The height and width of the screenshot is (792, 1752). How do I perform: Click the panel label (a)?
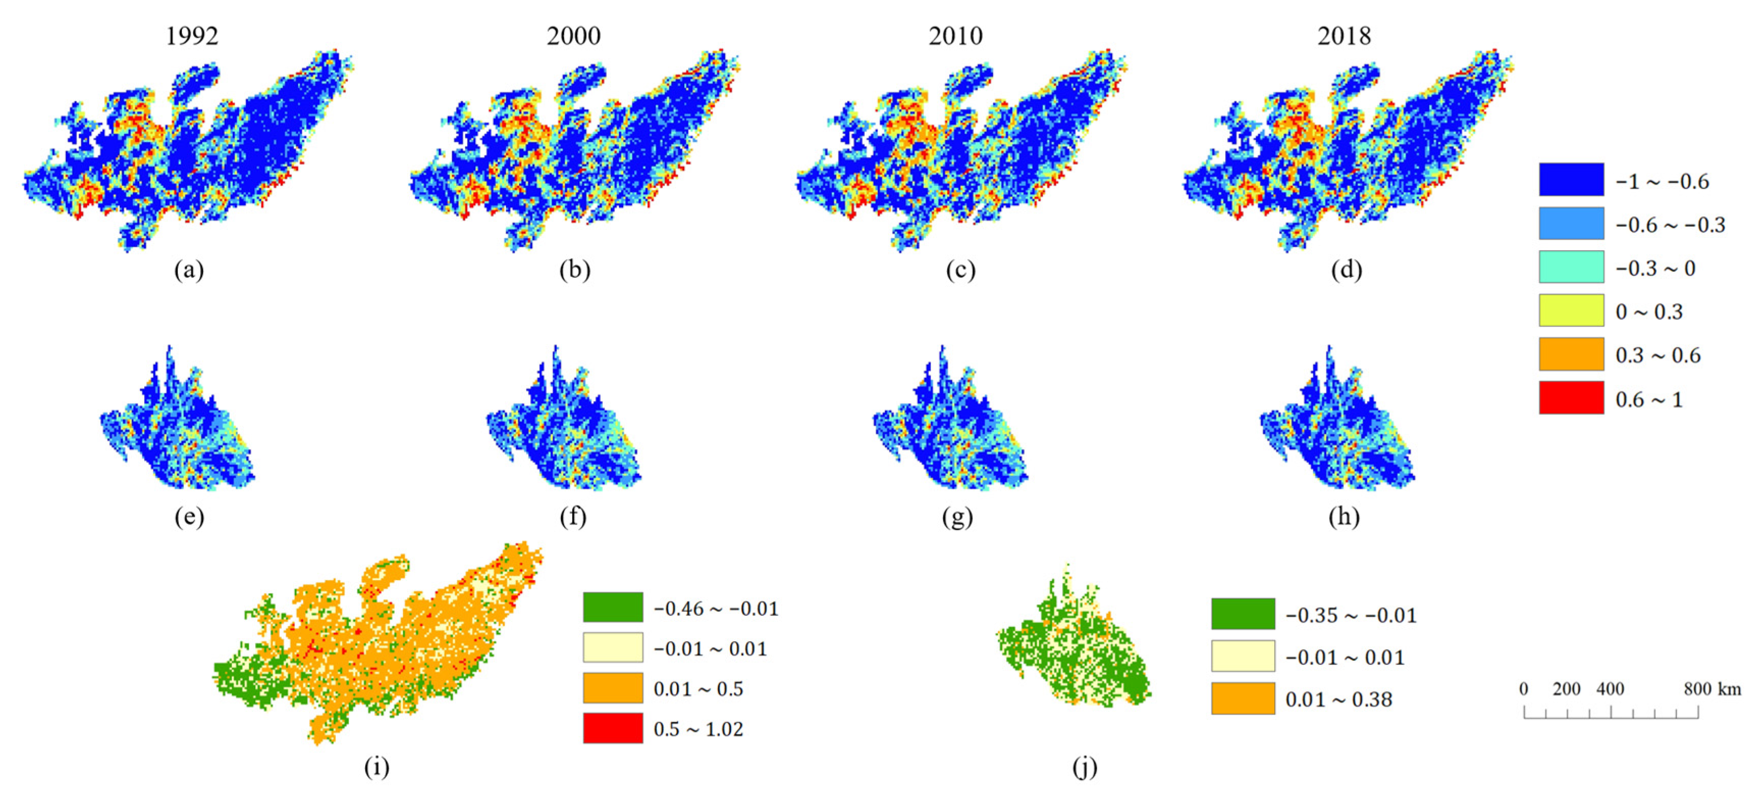(x=189, y=270)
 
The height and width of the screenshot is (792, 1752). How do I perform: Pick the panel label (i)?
(x=377, y=768)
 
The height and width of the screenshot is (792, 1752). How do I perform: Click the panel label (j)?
(x=1085, y=768)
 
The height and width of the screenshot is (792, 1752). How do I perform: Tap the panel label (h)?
(x=1344, y=517)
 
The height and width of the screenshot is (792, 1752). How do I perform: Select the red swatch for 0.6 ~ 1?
(x=1571, y=398)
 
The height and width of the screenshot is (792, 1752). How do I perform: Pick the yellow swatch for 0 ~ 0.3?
(x=1571, y=311)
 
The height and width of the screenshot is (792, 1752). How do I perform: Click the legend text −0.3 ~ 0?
(x=1655, y=269)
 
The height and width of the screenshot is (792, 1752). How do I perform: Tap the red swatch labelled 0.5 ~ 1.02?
(x=613, y=728)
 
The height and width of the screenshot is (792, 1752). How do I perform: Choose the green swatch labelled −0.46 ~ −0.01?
(x=613, y=607)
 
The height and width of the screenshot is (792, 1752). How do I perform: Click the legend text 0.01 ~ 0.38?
(x=1338, y=699)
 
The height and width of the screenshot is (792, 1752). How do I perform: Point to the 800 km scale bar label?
(x=1712, y=689)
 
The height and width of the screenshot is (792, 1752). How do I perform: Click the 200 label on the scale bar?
(x=1567, y=689)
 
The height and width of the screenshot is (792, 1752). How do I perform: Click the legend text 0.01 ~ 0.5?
(x=698, y=689)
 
